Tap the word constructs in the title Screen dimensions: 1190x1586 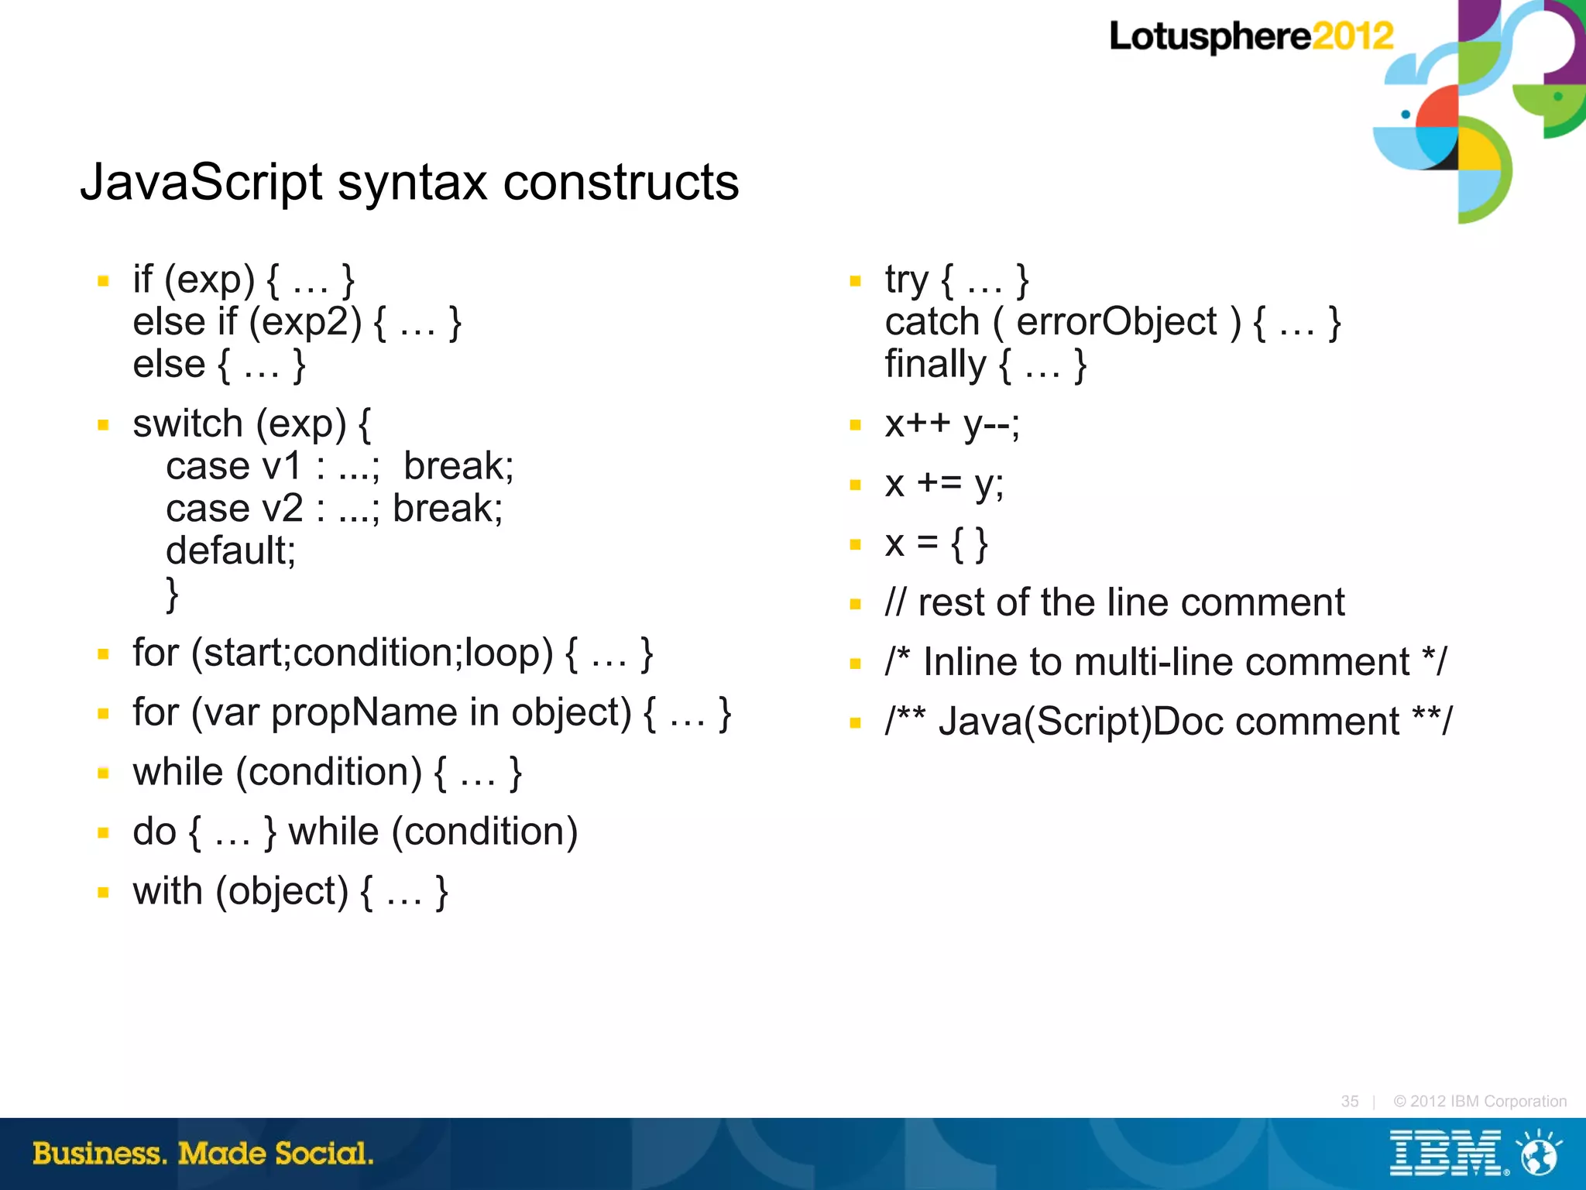point(621,183)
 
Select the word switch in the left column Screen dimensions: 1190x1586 point(188,424)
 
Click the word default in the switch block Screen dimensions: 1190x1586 point(229,551)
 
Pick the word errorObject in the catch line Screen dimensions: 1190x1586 point(1117,322)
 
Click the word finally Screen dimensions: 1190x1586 point(935,364)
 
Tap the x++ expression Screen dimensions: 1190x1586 point(918,424)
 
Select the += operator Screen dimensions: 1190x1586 point(939,484)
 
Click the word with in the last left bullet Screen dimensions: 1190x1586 point(167,891)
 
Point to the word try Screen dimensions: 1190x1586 point(907,279)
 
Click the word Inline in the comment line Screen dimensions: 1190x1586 point(970,662)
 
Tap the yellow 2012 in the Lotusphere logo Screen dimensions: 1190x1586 point(1352,36)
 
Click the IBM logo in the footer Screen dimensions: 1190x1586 point(1447,1154)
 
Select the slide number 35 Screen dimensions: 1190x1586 point(1350,1101)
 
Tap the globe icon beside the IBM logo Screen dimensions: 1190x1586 point(1539,1154)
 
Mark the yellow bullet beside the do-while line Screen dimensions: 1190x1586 point(103,833)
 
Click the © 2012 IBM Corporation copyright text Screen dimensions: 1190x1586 point(1480,1101)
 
